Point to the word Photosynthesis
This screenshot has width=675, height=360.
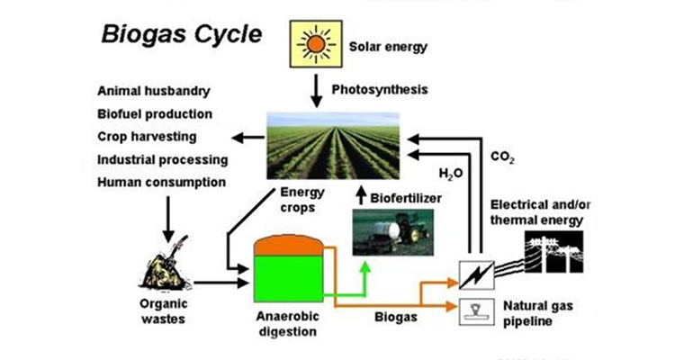380,90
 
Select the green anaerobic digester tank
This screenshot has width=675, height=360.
287,274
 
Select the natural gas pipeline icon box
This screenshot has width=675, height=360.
473,310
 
